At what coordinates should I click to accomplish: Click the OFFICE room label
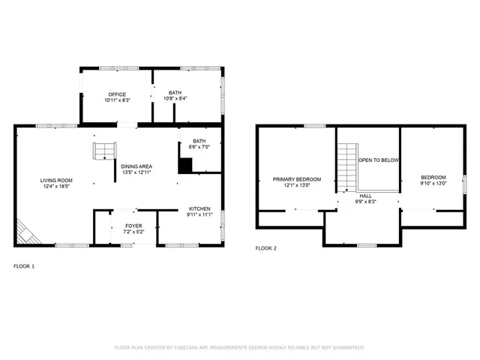click(x=117, y=94)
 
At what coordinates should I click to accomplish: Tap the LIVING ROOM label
click(x=56, y=180)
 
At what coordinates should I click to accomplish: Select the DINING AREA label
click(x=136, y=166)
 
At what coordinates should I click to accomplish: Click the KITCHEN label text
click(x=199, y=208)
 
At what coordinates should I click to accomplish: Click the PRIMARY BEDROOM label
click(x=296, y=179)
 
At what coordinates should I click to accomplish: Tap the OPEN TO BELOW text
click(x=378, y=160)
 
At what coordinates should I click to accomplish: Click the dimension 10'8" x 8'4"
click(x=175, y=98)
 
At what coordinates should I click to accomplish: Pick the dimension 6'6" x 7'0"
click(x=199, y=147)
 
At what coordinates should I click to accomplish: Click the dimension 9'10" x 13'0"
click(x=433, y=184)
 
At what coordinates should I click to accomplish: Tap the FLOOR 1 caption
click(x=24, y=266)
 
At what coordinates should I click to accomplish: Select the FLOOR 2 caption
click(x=265, y=248)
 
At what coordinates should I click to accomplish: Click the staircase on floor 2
click(x=346, y=169)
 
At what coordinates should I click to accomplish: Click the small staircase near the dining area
click(x=101, y=151)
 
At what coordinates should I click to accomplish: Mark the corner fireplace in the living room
click(x=28, y=235)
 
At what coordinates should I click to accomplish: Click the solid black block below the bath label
click(x=185, y=165)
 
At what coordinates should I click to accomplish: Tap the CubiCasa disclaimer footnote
click(x=239, y=347)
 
